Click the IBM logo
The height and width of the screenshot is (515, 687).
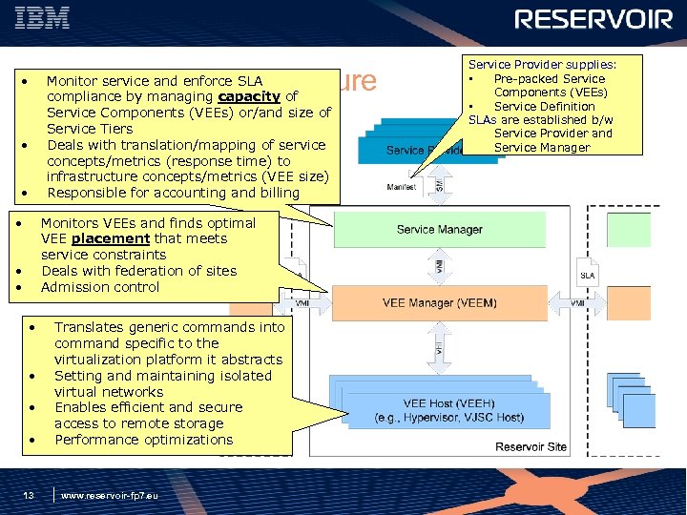48,18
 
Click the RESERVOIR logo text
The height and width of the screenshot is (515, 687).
593,20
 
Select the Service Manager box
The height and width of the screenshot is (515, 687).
439,229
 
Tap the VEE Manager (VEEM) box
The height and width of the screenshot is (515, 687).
439,303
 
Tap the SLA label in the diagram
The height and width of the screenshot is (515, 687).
589,275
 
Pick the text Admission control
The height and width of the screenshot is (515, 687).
100,287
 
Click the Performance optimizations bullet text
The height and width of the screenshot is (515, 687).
143,440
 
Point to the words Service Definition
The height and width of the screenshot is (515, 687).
545,106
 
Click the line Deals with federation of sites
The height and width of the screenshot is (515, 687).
138,271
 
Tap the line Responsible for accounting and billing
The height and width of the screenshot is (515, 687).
173,193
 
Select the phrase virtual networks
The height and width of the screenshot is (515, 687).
109,391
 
